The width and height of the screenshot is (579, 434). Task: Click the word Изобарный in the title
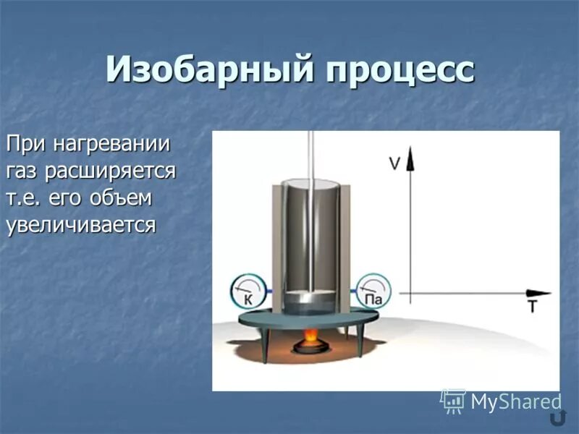click(x=208, y=70)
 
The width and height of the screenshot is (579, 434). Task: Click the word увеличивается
click(x=80, y=224)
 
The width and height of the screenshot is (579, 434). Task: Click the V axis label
click(x=394, y=163)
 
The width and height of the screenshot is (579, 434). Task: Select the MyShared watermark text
click(x=515, y=401)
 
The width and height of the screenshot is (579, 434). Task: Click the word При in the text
click(x=28, y=143)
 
